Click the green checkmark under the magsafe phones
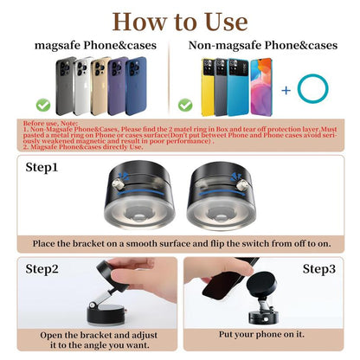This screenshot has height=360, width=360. tap(42, 105)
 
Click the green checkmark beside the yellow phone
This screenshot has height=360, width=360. tap(184, 105)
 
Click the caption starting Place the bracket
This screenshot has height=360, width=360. tap(179, 244)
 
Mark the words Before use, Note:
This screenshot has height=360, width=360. tap(42, 124)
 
